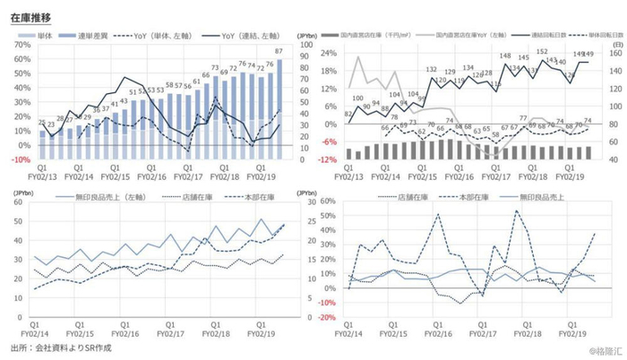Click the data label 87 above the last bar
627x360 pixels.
pyautogui.click(x=279, y=51)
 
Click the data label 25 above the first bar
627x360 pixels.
pyautogui.click(x=41, y=122)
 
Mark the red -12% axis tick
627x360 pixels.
pyautogui.click(x=329, y=159)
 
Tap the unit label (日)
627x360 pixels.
pyautogui.click(x=617, y=42)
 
